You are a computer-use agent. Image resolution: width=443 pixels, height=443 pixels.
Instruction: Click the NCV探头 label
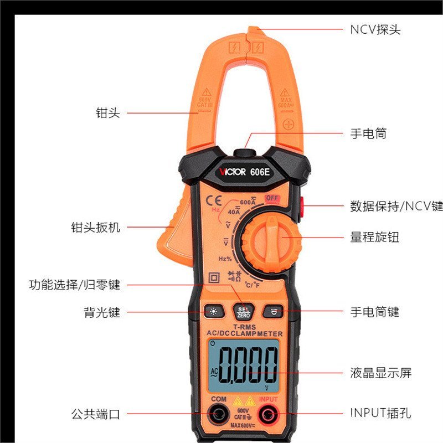375,29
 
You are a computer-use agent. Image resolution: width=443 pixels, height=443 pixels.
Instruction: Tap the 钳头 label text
107,113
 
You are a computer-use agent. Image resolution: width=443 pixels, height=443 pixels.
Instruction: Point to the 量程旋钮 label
374,238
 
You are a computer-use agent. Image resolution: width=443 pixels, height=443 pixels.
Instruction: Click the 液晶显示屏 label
380,373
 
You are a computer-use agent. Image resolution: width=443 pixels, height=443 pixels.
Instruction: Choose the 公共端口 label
95,413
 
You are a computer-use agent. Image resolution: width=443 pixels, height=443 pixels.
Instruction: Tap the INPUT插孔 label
380,413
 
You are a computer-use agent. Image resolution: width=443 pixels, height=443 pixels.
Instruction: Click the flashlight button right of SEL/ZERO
272,312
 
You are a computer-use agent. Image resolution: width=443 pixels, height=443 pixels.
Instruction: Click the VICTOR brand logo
232,172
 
